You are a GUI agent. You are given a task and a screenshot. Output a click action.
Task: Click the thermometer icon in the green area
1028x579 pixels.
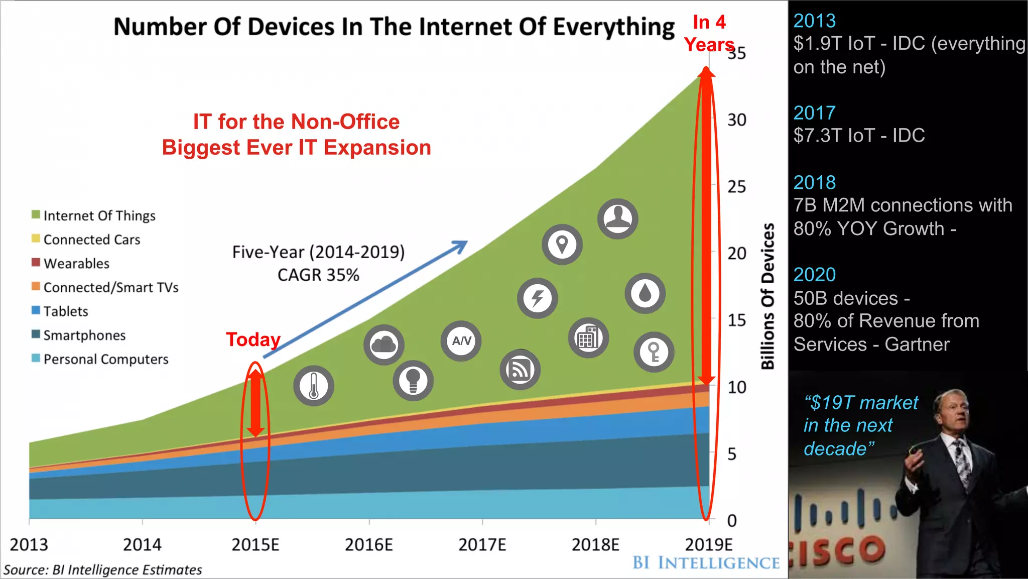point(314,386)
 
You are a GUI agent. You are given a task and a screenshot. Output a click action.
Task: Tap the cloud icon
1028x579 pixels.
point(384,344)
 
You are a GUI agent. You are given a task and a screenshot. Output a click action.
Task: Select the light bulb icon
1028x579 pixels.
point(413,380)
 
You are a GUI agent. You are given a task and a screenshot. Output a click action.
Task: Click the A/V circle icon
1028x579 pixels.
point(461,341)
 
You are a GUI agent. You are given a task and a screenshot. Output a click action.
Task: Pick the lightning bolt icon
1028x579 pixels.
point(538,298)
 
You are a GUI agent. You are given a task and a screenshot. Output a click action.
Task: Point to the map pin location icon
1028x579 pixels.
point(562,245)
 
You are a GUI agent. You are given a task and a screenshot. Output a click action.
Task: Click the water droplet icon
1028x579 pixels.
point(645,293)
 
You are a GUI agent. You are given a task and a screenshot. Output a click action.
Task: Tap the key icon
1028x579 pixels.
point(654,352)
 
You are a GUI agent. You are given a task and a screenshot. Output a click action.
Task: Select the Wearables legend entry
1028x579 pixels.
point(76,264)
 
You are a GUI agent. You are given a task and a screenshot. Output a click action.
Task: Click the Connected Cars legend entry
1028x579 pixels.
point(91,240)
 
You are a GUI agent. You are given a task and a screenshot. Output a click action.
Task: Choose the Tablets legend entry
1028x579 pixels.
point(65,311)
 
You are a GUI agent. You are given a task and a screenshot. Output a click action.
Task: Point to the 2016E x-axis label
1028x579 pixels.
point(369,545)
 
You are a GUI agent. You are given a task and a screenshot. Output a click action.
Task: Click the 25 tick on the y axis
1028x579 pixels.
point(736,187)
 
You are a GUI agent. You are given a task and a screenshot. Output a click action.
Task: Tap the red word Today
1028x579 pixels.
point(253,340)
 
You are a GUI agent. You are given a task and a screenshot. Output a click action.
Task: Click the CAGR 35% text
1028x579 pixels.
point(318,275)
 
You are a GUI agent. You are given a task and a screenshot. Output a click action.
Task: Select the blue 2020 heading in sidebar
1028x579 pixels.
point(814,275)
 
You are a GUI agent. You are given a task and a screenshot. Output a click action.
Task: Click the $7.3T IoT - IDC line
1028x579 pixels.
point(859,136)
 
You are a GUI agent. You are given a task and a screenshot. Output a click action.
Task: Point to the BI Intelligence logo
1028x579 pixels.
point(706,563)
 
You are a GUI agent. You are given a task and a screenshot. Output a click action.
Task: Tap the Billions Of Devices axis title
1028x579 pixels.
point(767,296)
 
